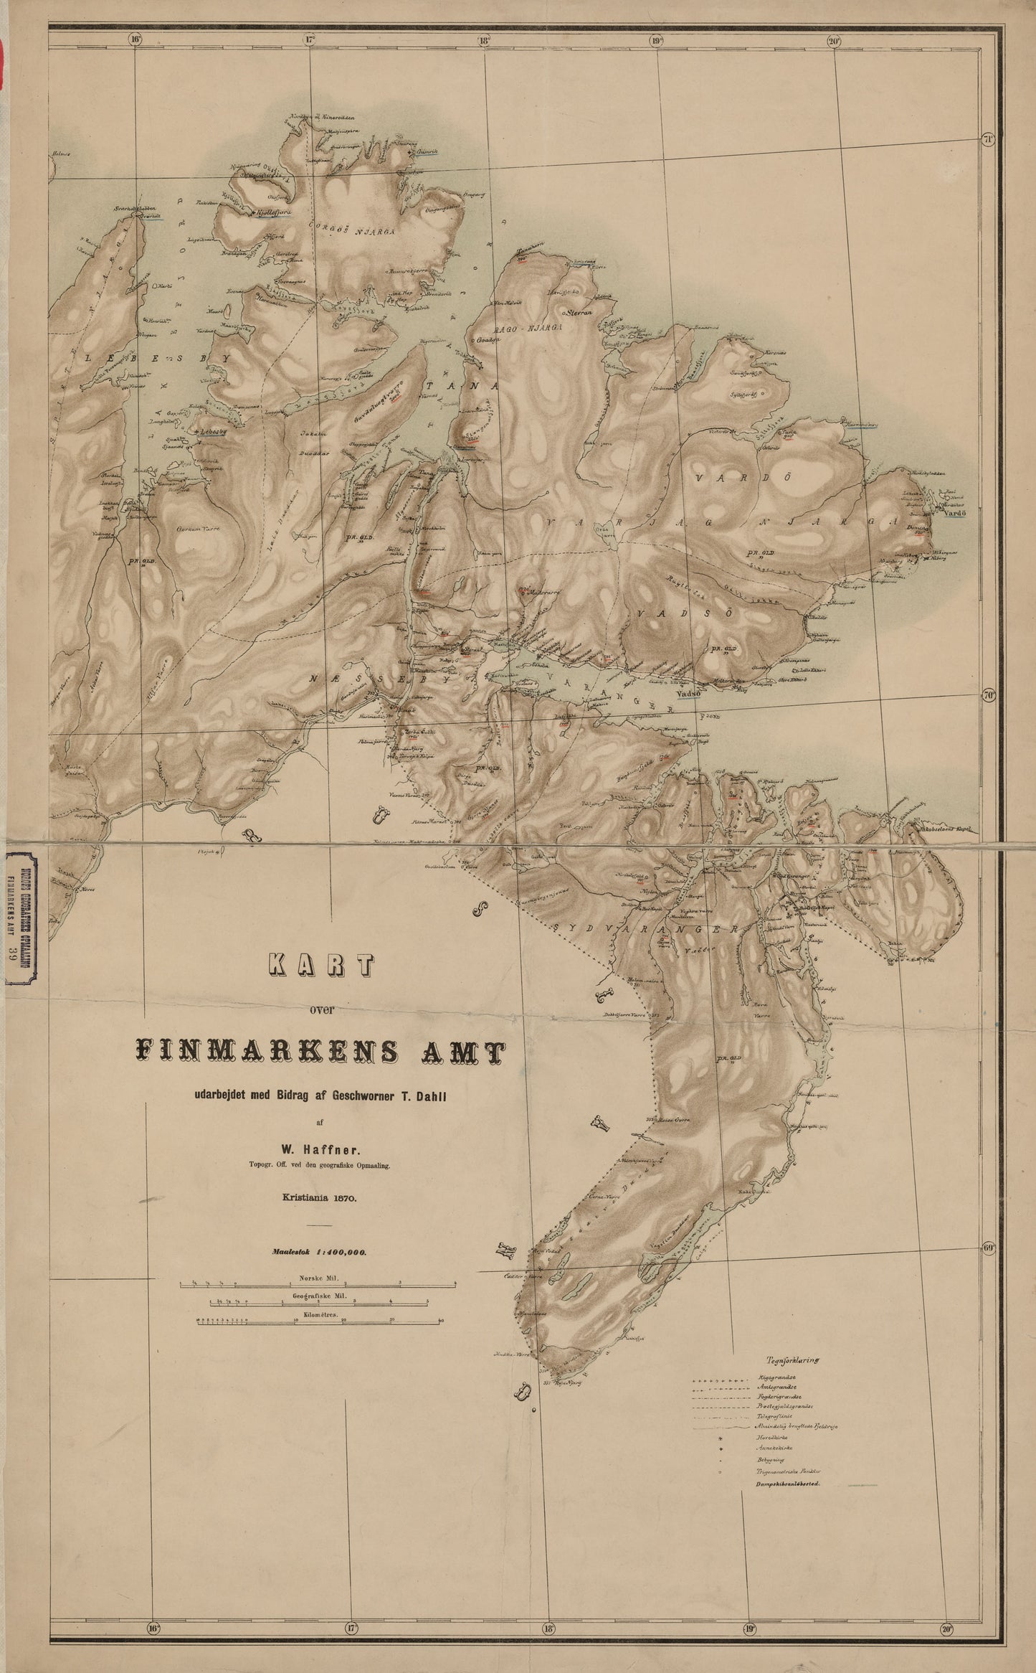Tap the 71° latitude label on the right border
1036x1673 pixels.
click(988, 138)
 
